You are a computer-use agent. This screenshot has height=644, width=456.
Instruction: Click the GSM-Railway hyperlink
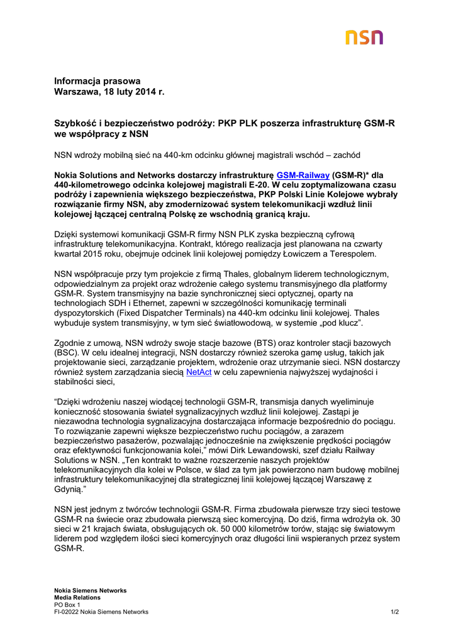coord(303,174)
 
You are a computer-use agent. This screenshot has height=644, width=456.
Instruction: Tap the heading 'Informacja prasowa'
coord(97,81)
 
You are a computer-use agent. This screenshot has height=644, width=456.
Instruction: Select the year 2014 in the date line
coord(143,92)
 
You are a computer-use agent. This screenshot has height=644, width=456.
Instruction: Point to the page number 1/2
coord(394,611)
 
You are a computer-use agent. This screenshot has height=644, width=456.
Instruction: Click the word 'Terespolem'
coord(353,254)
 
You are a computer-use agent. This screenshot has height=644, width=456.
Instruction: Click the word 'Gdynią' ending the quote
coord(69,489)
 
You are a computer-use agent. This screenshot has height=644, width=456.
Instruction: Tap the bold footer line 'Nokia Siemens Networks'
coord(90,591)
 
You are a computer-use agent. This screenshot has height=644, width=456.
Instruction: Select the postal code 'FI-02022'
coord(67,611)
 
